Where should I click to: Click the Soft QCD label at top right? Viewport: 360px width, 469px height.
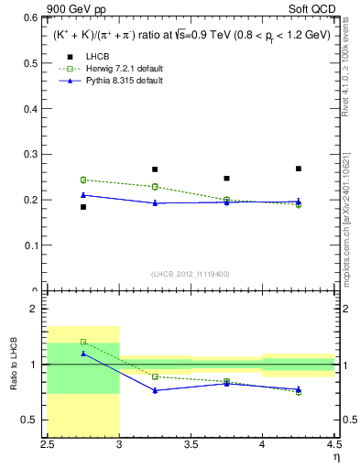pyautogui.click(x=315, y=8)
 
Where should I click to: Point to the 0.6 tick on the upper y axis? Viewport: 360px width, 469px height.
pyautogui.click(x=30, y=17)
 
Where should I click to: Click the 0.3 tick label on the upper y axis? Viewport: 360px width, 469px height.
pyautogui.click(x=30, y=154)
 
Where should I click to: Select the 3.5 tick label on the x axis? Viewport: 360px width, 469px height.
pyautogui.click(x=191, y=444)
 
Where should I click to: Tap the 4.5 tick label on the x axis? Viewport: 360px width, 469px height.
pyautogui.click(x=333, y=444)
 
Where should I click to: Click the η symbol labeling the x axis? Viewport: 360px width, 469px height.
pyautogui.click(x=334, y=456)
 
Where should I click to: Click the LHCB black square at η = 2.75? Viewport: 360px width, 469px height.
pyautogui.click(x=83, y=207)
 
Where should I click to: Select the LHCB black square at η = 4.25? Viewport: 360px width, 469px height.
pyautogui.click(x=299, y=169)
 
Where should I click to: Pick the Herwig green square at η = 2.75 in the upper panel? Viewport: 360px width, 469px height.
pyautogui.click(x=83, y=180)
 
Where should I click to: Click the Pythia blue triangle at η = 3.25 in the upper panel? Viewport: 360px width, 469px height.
pyautogui.click(x=155, y=203)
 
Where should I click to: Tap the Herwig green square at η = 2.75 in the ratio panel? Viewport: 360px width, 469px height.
pyautogui.click(x=83, y=342)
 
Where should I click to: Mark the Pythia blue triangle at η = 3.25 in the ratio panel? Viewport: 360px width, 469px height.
pyautogui.click(x=155, y=390)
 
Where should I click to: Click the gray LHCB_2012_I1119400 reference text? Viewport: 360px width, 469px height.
pyautogui.click(x=191, y=273)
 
